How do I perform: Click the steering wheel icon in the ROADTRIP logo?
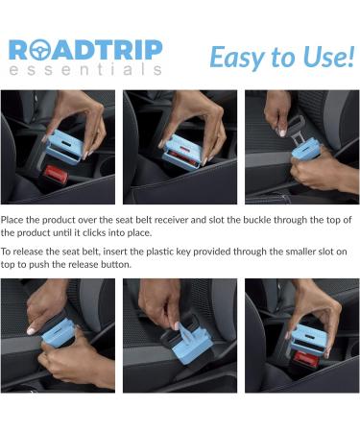[x=39, y=50]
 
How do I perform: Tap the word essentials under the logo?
[x=85, y=69]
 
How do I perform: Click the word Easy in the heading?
[x=238, y=58]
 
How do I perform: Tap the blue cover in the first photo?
[x=65, y=147]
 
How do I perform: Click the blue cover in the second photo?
[x=181, y=153]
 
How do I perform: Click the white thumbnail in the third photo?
[x=282, y=132]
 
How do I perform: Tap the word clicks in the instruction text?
[x=94, y=232]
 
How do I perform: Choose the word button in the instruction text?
[x=116, y=265]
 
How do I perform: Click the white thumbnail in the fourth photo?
[x=32, y=330]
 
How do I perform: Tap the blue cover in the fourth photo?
[x=60, y=333]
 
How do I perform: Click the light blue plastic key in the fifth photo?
[x=187, y=333]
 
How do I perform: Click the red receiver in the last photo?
[x=306, y=360]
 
